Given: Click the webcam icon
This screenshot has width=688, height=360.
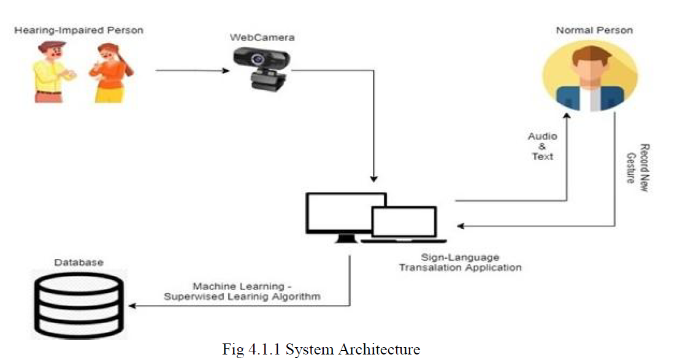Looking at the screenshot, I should pyautogui.click(x=261, y=67).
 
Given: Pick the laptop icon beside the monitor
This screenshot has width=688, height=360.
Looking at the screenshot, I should pyautogui.click(x=405, y=224).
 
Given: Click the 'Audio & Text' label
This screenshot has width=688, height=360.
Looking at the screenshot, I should pyautogui.click(x=543, y=147).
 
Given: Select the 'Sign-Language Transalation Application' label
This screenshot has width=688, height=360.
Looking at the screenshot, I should pyautogui.click(x=460, y=262).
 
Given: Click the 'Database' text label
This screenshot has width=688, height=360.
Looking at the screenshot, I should pyautogui.click(x=78, y=262).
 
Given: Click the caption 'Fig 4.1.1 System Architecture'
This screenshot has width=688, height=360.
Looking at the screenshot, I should pyautogui.click(x=321, y=350).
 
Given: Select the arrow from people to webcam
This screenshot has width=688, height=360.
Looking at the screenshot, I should pyautogui.click(x=190, y=71).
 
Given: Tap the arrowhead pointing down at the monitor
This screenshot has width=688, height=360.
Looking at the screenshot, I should pyautogui.click(x=373, y=178).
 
